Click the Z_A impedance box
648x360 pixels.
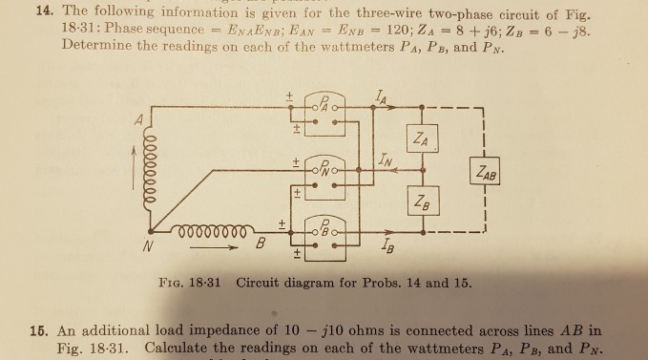[422, 138]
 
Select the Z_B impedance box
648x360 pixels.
[423, 201]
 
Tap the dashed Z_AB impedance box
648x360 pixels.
[485, 170]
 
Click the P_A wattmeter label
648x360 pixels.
[324, 104]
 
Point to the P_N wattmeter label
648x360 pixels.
[324, 167]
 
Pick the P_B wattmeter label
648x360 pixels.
[324, 228]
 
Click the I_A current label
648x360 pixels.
[381, 98]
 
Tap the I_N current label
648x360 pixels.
[385, 160]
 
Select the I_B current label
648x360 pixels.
[387, 246]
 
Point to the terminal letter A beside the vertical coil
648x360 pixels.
[139, 120]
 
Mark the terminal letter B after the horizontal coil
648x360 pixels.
[260, 243]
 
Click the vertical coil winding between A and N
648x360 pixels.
[150, 170]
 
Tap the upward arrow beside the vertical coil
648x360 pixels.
[134, 167]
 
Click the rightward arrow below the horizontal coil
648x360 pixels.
[214, 248]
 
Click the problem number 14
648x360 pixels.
[44, 11]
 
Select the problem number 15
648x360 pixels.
[38, 331]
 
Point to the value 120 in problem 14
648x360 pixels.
[398, 30]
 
